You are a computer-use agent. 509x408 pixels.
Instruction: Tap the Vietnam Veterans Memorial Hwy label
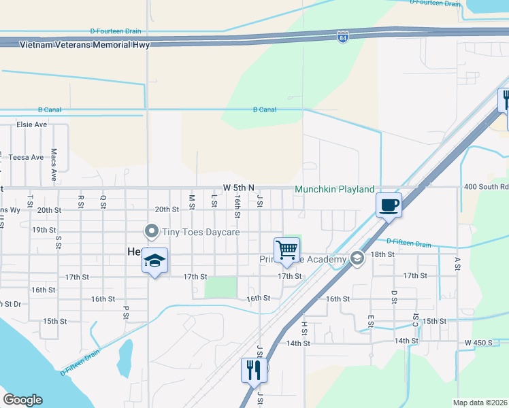(84, 45)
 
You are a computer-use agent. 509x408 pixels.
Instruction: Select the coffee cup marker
(389, 205)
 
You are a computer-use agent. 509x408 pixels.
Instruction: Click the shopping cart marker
(286, 250)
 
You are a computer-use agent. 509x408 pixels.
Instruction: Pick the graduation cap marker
(154, 260)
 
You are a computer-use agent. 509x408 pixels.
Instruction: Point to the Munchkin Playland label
(334, 188)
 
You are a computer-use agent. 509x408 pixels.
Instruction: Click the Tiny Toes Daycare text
(201, 233)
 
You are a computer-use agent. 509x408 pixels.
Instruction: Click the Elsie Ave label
(32, 124)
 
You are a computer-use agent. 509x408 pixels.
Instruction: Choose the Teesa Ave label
(26, 157)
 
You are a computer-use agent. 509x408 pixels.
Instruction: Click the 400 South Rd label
(486, 186)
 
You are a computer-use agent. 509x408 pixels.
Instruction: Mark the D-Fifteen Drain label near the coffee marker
(408, 242)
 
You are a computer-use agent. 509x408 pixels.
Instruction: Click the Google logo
(22, 400)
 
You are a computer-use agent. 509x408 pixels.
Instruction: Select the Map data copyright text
(480, 403)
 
